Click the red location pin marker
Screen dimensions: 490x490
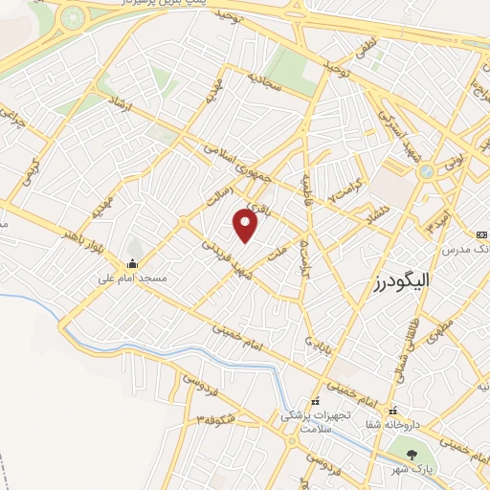pos(246,226)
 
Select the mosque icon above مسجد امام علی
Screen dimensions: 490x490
pos(132,263)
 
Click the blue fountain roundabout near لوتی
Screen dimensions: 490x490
pos(426,171)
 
